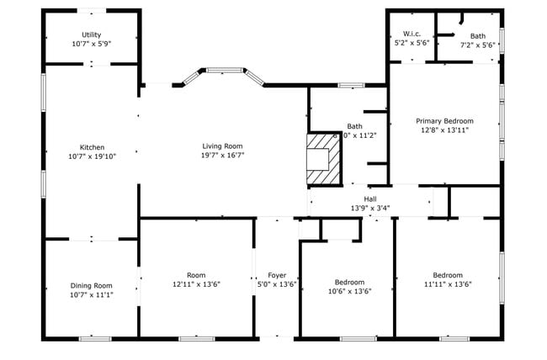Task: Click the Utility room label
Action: click(91, 34)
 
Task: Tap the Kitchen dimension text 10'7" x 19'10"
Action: click(92, 156)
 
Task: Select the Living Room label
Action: click(222, 146)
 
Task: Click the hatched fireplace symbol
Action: click(323, 159)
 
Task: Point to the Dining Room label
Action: click(91, 285)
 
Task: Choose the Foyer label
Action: click(277, 275)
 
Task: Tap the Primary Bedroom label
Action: click(444, 121)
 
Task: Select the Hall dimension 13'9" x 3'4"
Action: click(369, 209)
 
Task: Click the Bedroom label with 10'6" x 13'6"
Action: click(349, 282)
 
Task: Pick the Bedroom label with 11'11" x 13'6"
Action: click(447, 275)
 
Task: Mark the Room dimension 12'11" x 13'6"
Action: click(196, 284)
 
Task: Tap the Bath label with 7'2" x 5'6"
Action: click(478, 36)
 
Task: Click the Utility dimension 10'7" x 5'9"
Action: click(91, 44)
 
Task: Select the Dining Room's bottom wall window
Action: click(95, 338)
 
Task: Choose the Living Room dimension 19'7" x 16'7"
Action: click(222, 156)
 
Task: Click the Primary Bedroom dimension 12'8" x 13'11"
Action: click(444, 130)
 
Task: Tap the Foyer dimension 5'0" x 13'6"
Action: click(277, 284)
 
